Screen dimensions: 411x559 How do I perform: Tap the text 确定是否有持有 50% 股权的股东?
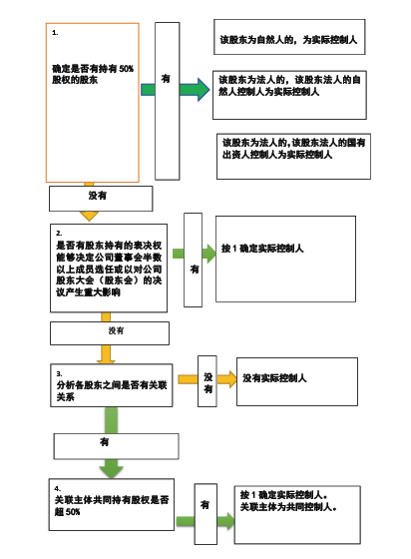(x=93, y=74)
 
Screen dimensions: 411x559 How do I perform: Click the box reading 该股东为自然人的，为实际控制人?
(x=289, y=37)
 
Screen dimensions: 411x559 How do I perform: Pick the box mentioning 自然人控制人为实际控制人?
(x=289, y=95)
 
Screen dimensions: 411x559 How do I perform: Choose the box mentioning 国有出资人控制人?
(x=294, y=157)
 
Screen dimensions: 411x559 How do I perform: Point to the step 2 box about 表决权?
(x=109, y=269)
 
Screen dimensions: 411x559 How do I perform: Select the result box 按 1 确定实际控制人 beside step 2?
(x=285, y=260)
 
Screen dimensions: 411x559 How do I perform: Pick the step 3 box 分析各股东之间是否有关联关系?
(x=112, y=385)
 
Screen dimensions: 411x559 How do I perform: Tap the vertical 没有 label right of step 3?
(x=207, y=381)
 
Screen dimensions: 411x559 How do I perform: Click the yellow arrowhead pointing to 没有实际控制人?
(x=227, y=379)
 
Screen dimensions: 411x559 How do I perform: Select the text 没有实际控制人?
(x=274, y=378)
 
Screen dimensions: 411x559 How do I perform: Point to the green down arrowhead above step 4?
(x=112, y=469)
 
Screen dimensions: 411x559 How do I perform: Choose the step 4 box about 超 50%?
(x=112, y=504)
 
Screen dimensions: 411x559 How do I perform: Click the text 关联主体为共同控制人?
(x=288, y=507)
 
